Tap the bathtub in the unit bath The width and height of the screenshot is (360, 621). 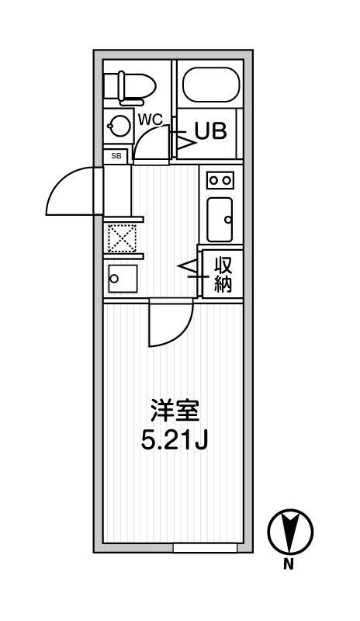click(x=211, y=85)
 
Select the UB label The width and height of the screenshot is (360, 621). click(x=211, y=130)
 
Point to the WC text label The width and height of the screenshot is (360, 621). click(x=151, y=120)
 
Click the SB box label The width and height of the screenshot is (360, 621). click(x=116, y=156)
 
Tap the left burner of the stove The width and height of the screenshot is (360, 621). click(x=214, y=181)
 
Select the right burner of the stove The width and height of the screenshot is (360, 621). click(x=227, y=181)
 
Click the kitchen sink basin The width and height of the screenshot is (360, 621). click(x=220, y=219)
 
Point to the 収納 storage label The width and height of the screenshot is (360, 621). click(x=223, y=274)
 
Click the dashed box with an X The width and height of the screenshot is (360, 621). click(x=122, y=238)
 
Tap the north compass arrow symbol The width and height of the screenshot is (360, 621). click(x=290, y=531)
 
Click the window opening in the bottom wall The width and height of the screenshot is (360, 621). click(x=205, y=548)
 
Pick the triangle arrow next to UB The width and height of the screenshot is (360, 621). click(x=185, y=143)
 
